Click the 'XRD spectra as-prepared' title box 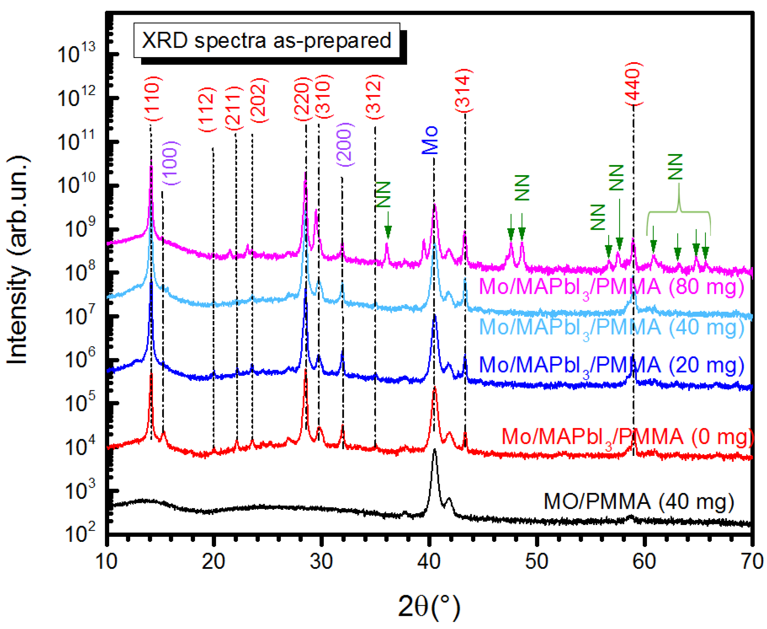[267, 40]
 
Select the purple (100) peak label [170, 163]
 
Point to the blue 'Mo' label [430, 140]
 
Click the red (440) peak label [634, 84]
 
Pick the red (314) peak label [464, 90]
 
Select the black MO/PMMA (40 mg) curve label [639, 502]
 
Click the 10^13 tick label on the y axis [76, 54]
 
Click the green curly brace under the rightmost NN [679, 212]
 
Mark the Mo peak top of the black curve [435, 450]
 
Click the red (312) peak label [374, 97]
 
